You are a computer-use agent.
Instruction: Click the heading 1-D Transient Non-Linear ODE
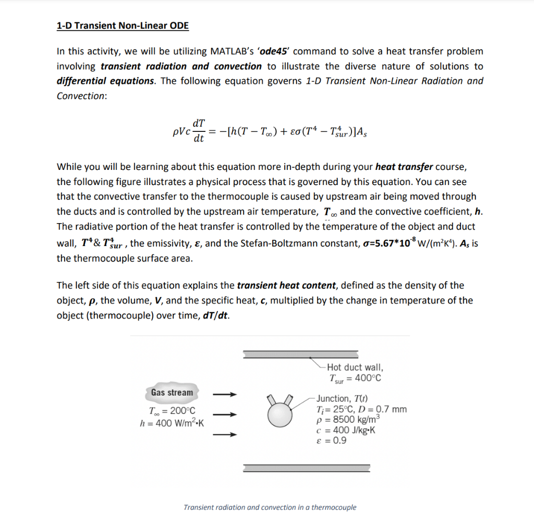pos(123,26)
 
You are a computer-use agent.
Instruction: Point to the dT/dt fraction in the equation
pos(198,131)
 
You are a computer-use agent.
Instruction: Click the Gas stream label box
pos(172,392)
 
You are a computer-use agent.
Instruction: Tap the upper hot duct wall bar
pos(300,354)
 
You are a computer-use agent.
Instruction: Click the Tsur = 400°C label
pos(355,378)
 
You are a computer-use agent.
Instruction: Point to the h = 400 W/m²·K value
pos(172,423)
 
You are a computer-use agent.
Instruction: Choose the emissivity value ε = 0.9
pos(331,440)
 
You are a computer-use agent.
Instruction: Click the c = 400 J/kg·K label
pos(346,431)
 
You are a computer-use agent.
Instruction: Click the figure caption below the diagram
pos(270,507)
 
